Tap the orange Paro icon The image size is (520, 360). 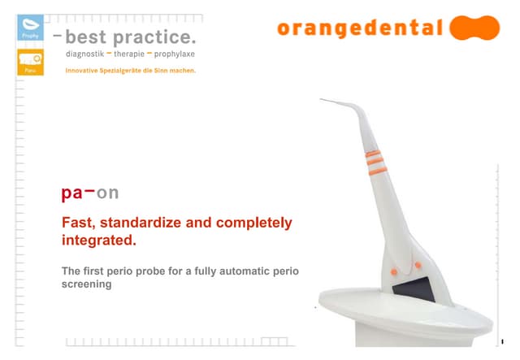30,63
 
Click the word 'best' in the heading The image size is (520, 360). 87,37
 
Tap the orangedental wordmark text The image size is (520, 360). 360,28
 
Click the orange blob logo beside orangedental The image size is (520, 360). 474,28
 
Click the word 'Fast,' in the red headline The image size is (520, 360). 78,223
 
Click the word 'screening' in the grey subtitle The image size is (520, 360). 86,285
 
